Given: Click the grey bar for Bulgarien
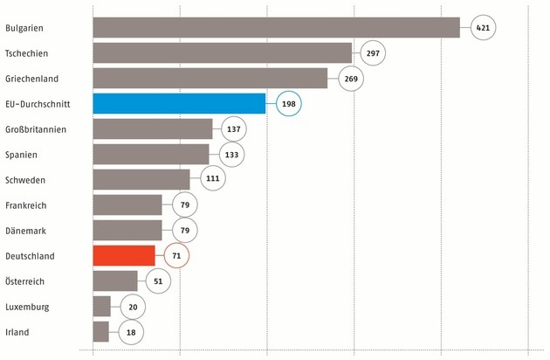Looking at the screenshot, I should [x=276, y=28].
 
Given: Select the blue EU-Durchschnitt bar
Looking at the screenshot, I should [x=179, y=104].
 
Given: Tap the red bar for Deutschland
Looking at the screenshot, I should [x=123, y=256].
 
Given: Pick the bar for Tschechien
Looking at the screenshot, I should [x=222, y=53].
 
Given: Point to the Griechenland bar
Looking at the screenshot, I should [x=210, y=79].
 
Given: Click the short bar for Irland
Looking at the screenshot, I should [x=100, y=332].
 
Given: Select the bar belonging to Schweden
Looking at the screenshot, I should [x=141, y=180].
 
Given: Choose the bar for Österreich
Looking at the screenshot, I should [x=114, y=281].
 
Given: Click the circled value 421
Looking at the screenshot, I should [x=483, y=28].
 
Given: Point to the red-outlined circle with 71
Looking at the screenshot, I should [x=177, y=256].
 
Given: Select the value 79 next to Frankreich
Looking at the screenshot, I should [x=185, y=205].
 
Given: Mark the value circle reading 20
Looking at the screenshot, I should [x=134, y=307].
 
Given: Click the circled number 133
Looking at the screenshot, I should [x=232, y=155].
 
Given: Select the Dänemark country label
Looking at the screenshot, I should [x=25, y=231].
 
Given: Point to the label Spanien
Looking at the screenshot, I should [x=22, y=155].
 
